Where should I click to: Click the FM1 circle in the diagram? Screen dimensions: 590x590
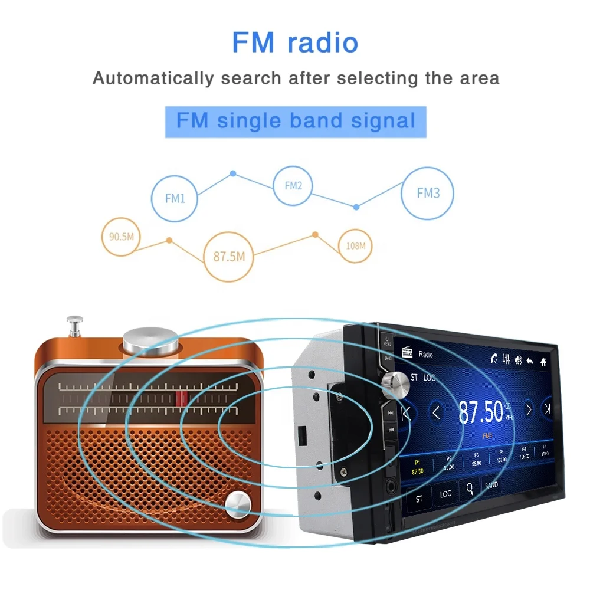175,198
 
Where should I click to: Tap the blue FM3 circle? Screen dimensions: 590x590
428,193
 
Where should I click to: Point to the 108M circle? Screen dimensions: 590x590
355,245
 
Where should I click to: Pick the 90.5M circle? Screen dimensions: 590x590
122,237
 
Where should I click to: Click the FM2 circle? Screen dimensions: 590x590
293,186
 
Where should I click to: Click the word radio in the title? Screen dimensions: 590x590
323,43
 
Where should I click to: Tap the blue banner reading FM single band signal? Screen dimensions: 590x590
296,121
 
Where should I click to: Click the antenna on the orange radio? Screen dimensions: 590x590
74,326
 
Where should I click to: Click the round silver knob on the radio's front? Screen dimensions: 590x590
240,503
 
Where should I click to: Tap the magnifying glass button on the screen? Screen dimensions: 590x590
470,489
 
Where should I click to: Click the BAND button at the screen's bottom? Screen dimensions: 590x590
491,485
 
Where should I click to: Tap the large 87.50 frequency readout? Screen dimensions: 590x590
481,412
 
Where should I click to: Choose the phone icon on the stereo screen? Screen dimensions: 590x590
493,358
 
